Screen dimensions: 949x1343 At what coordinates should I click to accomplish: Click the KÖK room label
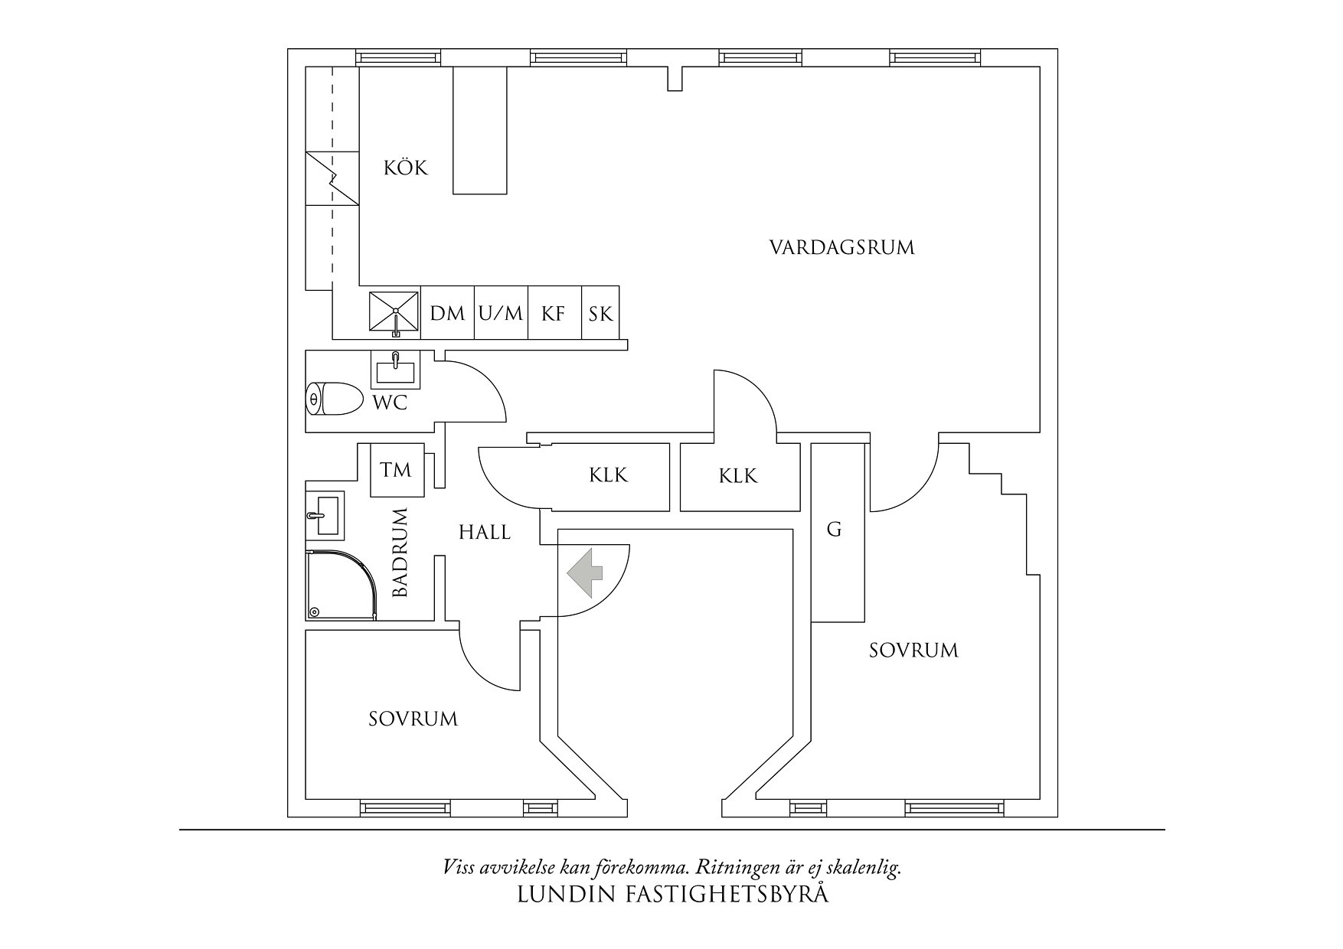[x=406, y=168]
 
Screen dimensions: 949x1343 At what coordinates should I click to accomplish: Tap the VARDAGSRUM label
[x=841, y=247]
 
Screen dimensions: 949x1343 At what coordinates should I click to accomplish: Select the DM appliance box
[x=447, y=313]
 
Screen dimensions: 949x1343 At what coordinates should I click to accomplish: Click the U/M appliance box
[x=501, y=313]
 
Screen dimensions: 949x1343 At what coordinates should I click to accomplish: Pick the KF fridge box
[x=554, y=313]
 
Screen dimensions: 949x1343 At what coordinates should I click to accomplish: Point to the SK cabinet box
[x=601, y=313]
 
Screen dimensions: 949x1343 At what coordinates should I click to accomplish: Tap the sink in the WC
[x=395, y=370]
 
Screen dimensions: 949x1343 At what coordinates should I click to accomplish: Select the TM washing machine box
[x=397, y=470]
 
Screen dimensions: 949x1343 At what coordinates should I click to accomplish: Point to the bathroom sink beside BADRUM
[x=325, y=514]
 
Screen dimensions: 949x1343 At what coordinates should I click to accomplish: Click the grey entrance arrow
[x=584, y=572]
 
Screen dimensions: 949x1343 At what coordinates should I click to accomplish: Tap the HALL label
[x=485, y=532]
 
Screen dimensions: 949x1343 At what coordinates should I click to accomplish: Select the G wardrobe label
[x=835, y=529]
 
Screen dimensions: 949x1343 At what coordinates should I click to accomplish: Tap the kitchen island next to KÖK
[x=480, y=130]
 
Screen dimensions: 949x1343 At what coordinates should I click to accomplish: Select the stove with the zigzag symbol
[x=332, y=178]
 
